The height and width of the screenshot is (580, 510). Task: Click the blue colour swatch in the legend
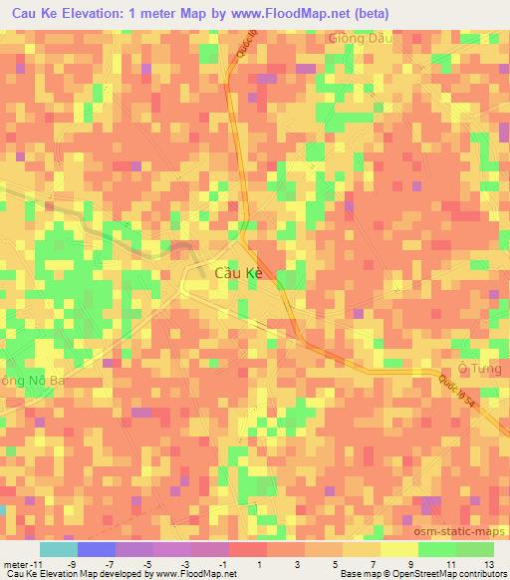pos(95,549)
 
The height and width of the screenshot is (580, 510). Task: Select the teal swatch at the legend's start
pos(58,549)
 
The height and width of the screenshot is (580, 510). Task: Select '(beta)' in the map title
pos(364,13)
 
